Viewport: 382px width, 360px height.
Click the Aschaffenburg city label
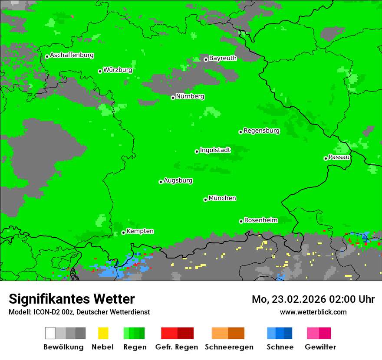(72, 56)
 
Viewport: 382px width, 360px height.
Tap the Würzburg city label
(118, 70)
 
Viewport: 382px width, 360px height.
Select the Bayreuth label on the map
(223, 58)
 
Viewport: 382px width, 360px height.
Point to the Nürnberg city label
(190, 97)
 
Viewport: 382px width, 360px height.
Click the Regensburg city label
(261, 131)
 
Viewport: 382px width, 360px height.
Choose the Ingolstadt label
(215, 151)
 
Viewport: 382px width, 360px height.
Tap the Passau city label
(339, 157)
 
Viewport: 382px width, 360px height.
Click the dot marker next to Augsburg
(161, 182)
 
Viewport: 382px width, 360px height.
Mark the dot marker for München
(205, 200)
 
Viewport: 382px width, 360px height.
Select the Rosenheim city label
(261, 220)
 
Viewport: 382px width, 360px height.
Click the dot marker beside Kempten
(123, 232)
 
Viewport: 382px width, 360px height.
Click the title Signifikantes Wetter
(72, 299)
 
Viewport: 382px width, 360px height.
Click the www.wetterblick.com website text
(313, 312)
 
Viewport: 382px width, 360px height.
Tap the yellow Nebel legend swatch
(103, 333)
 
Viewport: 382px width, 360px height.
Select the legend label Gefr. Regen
(177, 347)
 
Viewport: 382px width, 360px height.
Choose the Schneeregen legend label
(229, 347)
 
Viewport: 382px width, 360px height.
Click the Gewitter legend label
(320, 347)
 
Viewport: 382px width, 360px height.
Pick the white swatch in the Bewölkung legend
(50, 333)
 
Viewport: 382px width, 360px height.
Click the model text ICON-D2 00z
(53, 312)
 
